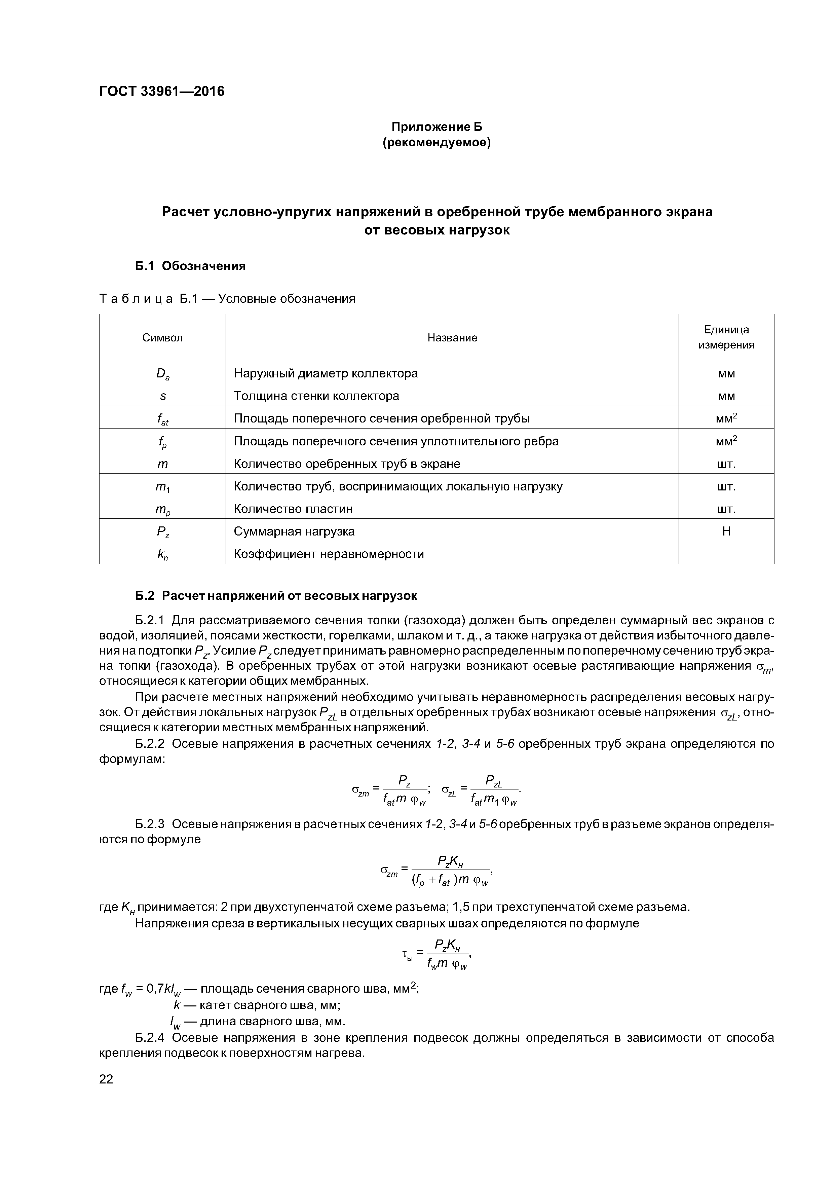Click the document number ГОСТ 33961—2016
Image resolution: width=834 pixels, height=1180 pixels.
click(x=162, y=91)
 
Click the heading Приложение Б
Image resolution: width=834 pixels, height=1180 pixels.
click(x=437, y=126)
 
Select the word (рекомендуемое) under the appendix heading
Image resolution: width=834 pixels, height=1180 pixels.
click(x=437, y=142)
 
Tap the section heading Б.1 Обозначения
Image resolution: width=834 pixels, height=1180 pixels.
click(x=190, y=266)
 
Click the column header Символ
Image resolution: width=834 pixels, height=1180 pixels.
click(x=162, y=338)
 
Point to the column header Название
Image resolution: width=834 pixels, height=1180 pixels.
click(x=452, y=338)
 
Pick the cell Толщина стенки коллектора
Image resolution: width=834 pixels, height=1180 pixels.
click(x=316, y=396)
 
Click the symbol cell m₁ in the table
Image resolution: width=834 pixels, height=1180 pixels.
click(x=162, y=487)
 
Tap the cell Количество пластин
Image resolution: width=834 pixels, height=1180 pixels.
click(x=294, y=509)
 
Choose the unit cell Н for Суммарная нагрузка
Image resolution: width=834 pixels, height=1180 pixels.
click(x=726, y=531)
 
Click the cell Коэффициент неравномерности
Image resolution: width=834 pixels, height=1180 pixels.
click(x=329, y=554)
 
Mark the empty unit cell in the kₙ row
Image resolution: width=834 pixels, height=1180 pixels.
click(x=726, y=554)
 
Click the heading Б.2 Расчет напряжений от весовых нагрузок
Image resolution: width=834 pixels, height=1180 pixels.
click(x=276, y=596)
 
